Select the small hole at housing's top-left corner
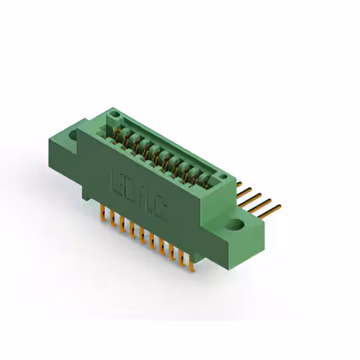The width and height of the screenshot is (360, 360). coord(115,115)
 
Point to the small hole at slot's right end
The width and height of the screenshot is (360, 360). coord(223,177)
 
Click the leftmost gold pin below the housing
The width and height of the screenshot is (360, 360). coord(102,213)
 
